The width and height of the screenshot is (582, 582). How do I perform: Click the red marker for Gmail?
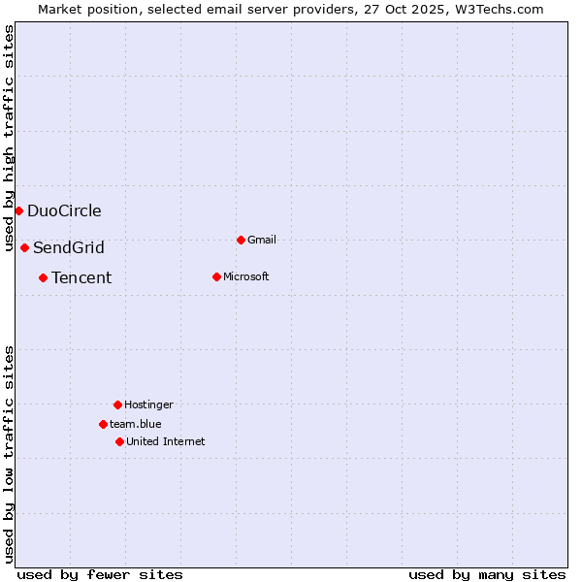(x=241, y=240)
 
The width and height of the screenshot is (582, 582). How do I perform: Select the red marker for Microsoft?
(x=216, y=276)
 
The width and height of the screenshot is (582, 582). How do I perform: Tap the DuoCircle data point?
(x=18, y=210)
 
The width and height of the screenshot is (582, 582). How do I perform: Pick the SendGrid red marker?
(x=24, y=247)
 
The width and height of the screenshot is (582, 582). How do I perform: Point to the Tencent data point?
(x=43, y=277)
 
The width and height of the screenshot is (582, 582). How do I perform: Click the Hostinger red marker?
(x=117, y=404)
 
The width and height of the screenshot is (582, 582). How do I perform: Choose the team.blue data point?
(x=103, y=424)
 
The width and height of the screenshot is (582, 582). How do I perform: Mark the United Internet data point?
(x=119, y=441)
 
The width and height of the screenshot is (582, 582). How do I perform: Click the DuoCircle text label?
(x=64, y=210)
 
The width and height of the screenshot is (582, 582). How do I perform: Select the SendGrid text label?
(x=69, y=247)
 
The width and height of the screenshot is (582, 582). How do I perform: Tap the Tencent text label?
(x=81, y=277)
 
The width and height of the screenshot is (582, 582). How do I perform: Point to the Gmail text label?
(x=262, y=240)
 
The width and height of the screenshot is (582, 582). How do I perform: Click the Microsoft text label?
(x=246, y=276)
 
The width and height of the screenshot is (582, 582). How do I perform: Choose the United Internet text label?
(x=166, y=441)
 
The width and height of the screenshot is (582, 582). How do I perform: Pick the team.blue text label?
(x=136, y=424)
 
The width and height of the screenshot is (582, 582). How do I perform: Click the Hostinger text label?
(x=148, y=404)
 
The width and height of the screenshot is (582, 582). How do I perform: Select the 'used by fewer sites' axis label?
(x=100, y=574)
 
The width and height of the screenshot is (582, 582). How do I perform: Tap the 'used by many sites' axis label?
(x=487, y=574)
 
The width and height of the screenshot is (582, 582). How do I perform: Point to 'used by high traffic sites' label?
(x=9, y=138)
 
